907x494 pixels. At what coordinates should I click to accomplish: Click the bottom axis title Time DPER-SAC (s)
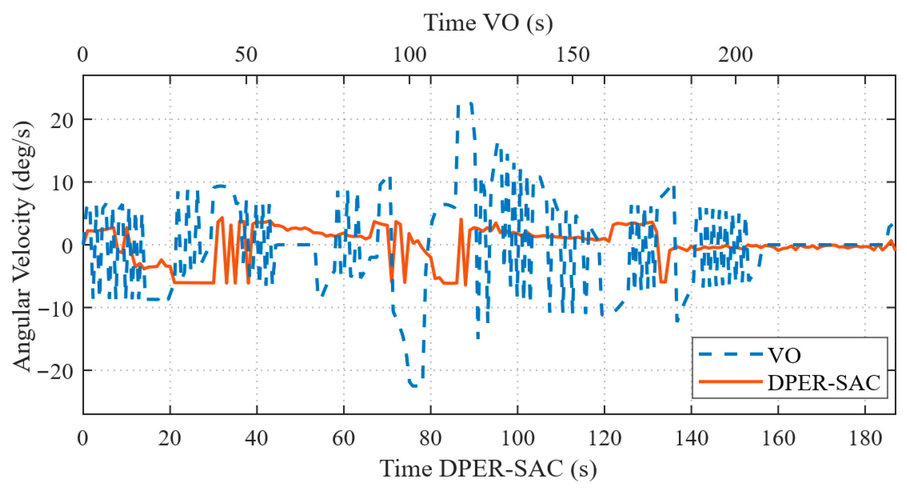coord(488,468)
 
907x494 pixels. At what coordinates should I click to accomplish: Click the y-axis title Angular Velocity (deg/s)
coord(22,246)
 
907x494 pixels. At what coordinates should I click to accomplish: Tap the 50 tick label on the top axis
coord(246,55)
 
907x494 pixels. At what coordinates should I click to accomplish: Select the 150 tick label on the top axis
coord(573,55)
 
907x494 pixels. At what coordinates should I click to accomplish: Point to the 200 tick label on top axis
coord(736,55)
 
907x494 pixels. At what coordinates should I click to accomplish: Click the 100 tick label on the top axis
coord(409,55)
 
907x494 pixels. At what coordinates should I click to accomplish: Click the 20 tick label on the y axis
coord(62,120)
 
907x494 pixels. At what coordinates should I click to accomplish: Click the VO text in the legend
coord(784,355)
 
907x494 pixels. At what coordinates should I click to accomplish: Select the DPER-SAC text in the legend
coord(824,383)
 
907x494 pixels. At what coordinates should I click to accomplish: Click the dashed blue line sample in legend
coord(730,354)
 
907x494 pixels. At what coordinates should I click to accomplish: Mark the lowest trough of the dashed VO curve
coord(414,385)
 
